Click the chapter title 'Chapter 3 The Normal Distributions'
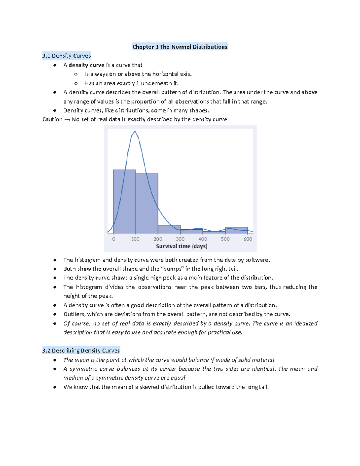coord(180,47)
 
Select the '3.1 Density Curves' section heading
coord(67,56)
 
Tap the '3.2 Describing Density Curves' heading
coord(81,350)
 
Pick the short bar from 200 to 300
coord(169,230)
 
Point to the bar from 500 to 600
coord(236,230)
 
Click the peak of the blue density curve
coord(135,131)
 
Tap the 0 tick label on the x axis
coord(113,239)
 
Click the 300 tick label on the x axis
coord(180,239)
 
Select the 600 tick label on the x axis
coord(248,239)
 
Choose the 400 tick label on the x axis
coord(203,239)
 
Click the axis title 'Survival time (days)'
coord(181,246)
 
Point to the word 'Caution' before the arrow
coord(52,119)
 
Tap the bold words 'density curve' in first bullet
coord(86,65)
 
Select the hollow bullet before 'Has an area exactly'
coord(76,83)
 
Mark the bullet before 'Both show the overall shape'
coord(55,269)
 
